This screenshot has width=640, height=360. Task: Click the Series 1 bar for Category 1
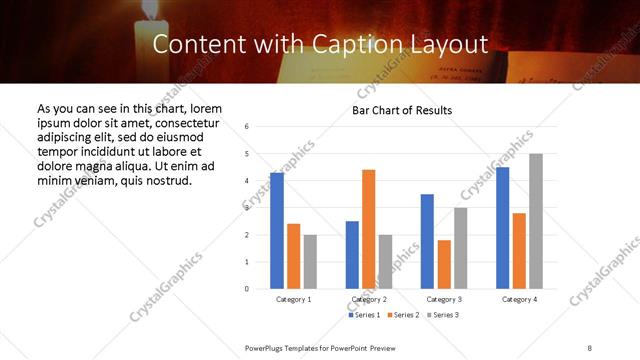coord(277,231)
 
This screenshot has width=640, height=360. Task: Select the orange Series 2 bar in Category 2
coord(369,229)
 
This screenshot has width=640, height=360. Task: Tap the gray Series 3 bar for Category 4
coord(536,221)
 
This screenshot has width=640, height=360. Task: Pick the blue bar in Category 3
coord(427,241)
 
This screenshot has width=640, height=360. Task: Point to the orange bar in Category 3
coord(444,264)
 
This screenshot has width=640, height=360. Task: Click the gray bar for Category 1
coord(310,262)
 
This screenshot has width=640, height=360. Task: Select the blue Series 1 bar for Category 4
coord(503,228)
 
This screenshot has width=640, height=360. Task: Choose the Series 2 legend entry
coord(405,315)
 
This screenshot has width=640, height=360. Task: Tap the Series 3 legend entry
coord(445,315)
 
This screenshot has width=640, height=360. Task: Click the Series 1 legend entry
coord(365,315)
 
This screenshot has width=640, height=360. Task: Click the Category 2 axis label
coord(369,299)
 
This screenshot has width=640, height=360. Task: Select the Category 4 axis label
coord(519,299)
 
